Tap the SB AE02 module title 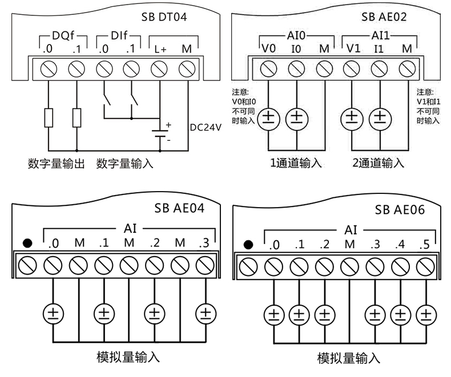coord(384,17)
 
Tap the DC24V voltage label coord(205,127)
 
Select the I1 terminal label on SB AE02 coord(378,49)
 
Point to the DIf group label coord(117,35)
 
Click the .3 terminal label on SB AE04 coord(204,244)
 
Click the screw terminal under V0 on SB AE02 coord(268,69)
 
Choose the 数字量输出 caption coord(56,164)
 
